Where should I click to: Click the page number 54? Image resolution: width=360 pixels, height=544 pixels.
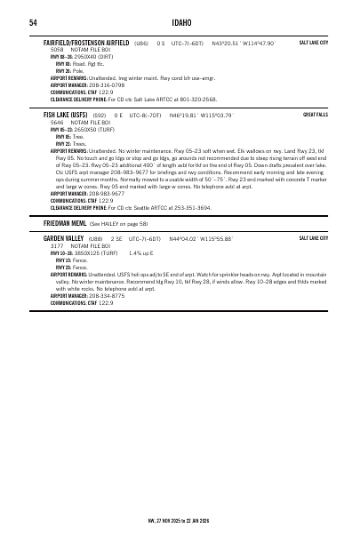click(x=33, y=22)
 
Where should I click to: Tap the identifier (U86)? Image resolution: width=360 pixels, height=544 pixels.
click(x=140, y=42)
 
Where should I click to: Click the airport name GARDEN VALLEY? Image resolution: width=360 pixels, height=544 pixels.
click(x=64, y=239)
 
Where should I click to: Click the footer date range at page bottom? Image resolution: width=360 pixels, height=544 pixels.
click(x=179, y=521)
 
